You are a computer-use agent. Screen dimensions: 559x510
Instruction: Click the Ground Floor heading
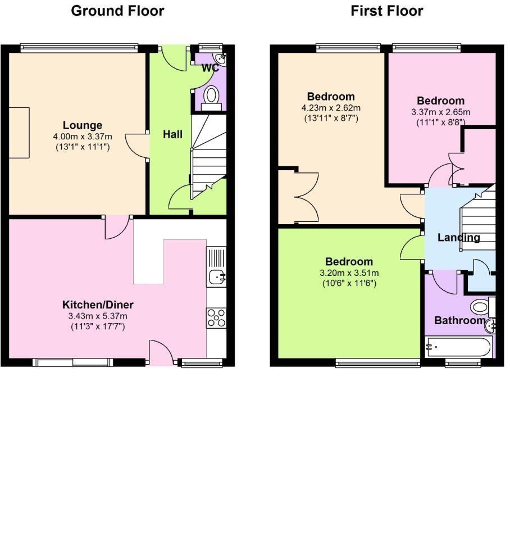pyautogui.click(x=117, y=11)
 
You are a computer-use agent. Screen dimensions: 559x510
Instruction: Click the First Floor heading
pyautogui.click(x=386, y=11)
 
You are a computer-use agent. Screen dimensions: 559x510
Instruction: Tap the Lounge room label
pyautogui.click(x=83, y=125)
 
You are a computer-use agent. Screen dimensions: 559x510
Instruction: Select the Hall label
pyautogui.click(x=172, y=134)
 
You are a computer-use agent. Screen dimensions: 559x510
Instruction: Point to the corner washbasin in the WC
pyautogui.click(x=221, y=58)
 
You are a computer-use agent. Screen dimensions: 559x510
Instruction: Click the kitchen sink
pyautogui.click(x=216, y=276)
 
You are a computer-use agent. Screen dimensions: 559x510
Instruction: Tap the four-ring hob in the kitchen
pyautogui.click(x=216, y=317)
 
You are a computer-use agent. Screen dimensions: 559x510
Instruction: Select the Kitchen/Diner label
pyautogui.click(x=98, y=305)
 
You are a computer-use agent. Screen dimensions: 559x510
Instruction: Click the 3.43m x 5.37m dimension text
pyautogui.click(x=98, y=316)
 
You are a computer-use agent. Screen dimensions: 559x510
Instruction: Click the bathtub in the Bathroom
pyautogui.click(x=459, y=347)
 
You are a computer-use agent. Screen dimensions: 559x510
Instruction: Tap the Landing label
pyautogui.click(x=458, y=238)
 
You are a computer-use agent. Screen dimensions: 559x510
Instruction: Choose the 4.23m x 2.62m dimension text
pyautogui.click(x=331, y=108)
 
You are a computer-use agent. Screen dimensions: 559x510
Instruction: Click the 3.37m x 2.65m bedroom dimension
pyautogui.click(x=440, y=112)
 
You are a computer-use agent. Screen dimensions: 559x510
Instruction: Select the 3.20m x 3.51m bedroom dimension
pyautogui.click(x=349, y=273)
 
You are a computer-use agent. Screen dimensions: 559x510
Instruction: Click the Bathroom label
pyautogui.click(x=459, y=321)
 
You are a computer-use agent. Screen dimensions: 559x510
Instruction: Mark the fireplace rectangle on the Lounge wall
pyautogui.click(x=19, y=133)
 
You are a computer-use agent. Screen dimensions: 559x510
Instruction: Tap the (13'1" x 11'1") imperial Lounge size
pyautogui.click(x=83, y=147)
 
